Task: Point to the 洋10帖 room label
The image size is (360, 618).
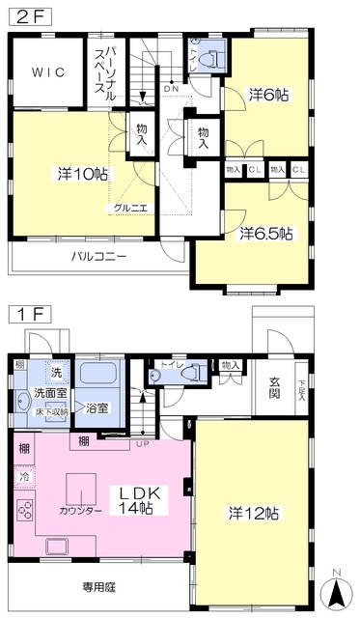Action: [x=81, y=174]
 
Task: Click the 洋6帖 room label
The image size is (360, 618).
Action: [x=268, y=95]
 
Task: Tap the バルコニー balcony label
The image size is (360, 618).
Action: [x=99, y=257]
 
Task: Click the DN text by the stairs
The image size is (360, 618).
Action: [x=171, y=88]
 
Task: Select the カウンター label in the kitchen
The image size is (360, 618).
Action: [x=80, y=510]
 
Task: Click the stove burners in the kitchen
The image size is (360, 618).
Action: [x=24, y=511]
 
